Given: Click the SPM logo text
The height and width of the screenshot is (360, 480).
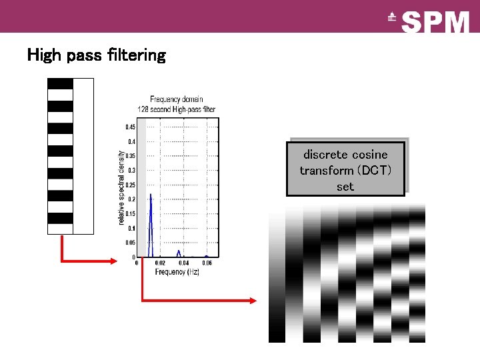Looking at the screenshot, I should (x=436, y=21).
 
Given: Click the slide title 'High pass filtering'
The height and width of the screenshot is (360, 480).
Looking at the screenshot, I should (x=96, y=55).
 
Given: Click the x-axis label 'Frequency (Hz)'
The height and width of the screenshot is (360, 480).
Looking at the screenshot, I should (x=177, y=272).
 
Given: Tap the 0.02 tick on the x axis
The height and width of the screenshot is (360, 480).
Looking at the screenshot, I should (x=161, y=263).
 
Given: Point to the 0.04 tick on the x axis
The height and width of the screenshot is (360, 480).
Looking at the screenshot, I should (x=184, y=263).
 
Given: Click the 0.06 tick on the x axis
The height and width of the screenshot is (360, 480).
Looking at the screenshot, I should (x=207, y=263).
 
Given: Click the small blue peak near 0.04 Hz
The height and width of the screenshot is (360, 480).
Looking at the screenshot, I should (x=179, y=252).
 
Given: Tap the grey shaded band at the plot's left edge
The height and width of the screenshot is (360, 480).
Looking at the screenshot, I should (x=141, y=187).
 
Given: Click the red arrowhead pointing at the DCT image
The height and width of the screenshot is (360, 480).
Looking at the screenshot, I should (x=253, y=301).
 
